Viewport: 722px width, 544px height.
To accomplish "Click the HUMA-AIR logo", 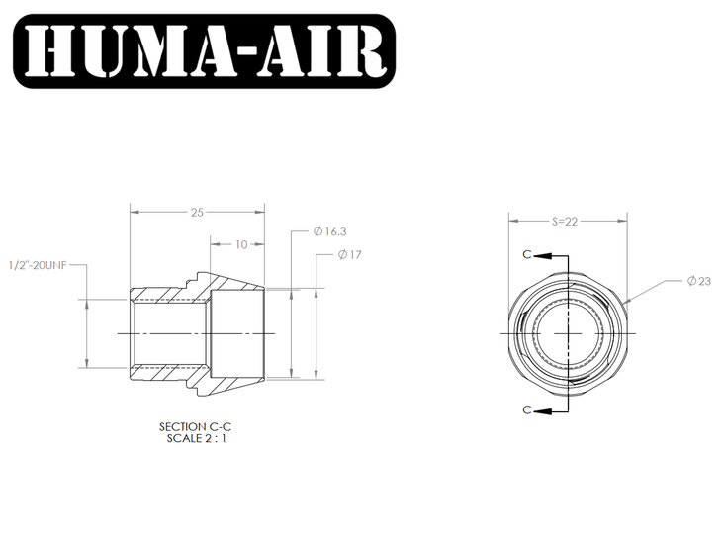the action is click(205, 51).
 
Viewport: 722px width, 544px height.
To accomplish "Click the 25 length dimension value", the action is click(197, 213).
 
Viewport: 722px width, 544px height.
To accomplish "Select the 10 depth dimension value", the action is click(241, 244).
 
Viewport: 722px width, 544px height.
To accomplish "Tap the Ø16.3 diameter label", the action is click(329, 231).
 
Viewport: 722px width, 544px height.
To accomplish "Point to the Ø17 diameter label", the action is click(350, 255).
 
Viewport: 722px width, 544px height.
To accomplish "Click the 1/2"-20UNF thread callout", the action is click(38, 265).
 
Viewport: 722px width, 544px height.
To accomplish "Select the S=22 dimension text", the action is click(565, 222).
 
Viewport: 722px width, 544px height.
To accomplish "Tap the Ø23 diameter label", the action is click(699, 281).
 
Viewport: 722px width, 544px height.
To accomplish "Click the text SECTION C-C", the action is click(195, 427).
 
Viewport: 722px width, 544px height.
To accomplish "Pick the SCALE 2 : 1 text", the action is click(197, 438).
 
